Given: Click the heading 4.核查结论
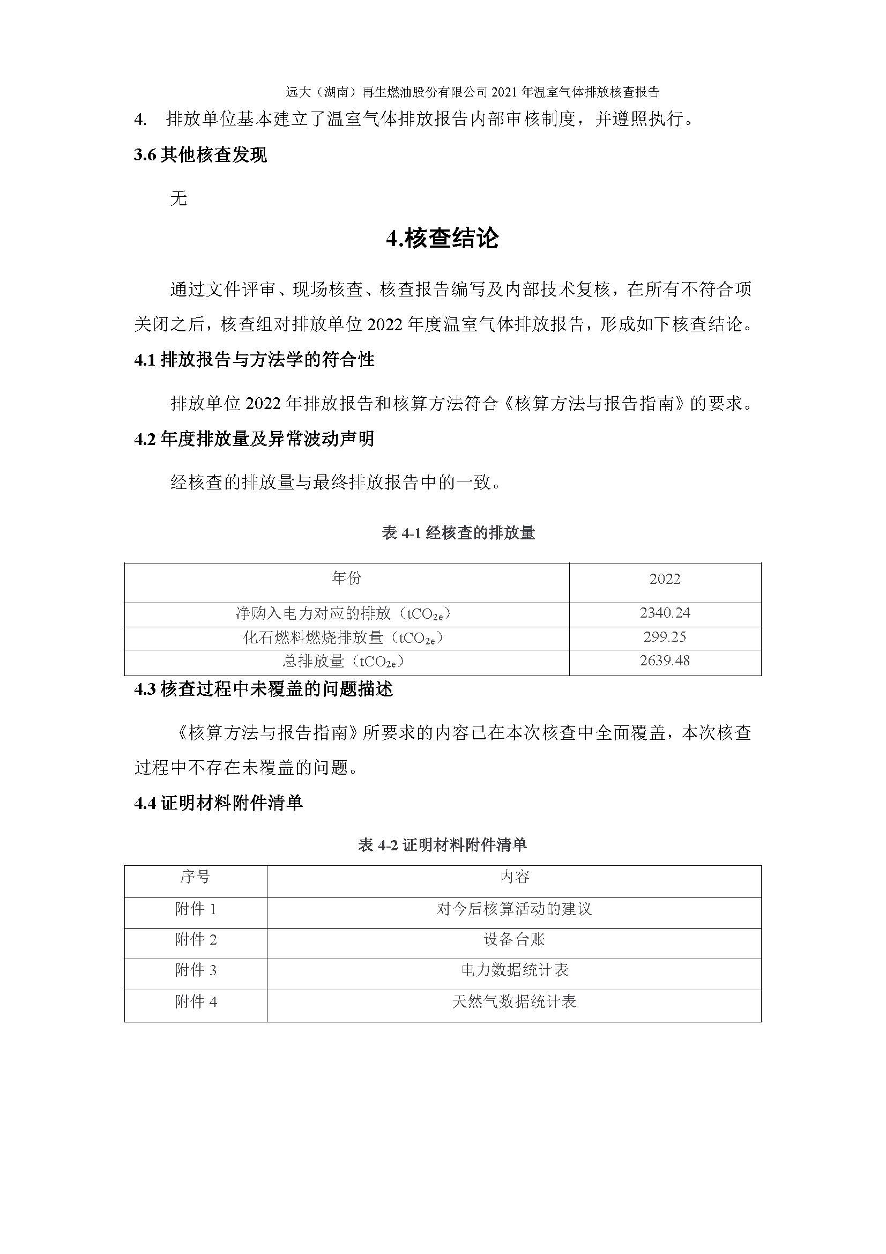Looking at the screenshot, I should (x=442, y=239).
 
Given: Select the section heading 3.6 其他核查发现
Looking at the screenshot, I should (x=200, y=155).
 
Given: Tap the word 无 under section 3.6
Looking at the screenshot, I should (x=178, y=198).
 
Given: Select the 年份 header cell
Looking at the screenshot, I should (x=347, y=578).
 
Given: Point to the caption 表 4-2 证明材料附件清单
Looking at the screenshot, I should (x=442, y=845).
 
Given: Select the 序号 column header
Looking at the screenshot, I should (x=195, y=877).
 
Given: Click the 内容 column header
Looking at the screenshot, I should (x=514, y=877).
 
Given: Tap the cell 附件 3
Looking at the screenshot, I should (x=196, y=970).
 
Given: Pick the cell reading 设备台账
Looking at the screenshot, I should (x=514, y=939).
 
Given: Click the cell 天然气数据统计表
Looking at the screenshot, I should (x=514, y=1001).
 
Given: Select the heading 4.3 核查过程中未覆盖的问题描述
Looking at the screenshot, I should (x=263, y=690).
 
